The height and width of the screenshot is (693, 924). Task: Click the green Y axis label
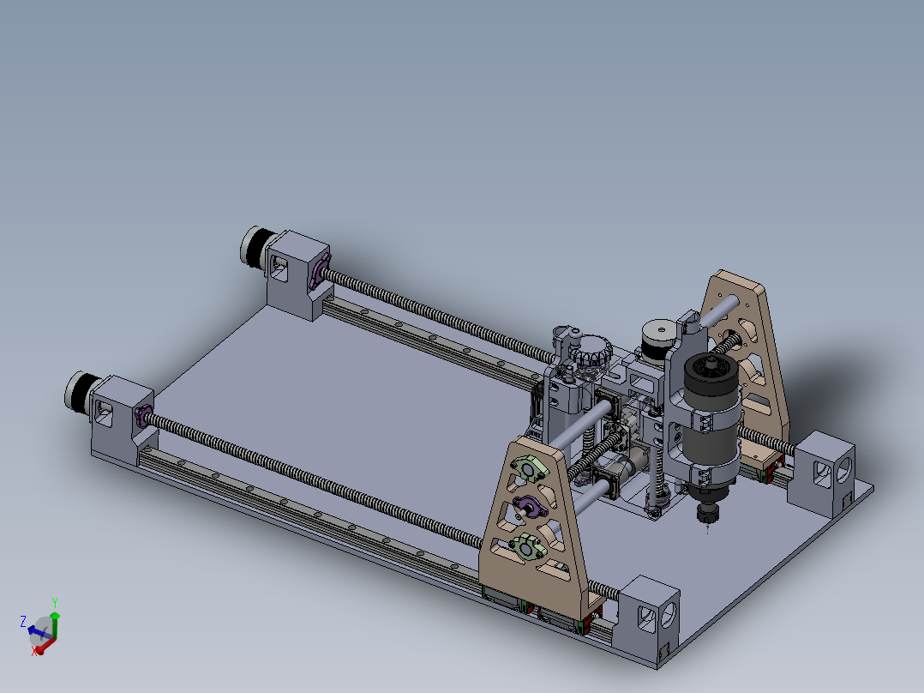click(x=55, y=602)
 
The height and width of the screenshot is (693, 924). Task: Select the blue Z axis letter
click(x=24, y=620)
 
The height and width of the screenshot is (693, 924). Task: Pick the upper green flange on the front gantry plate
click(x=528, y=468)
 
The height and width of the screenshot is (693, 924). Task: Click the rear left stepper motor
click(x=255, y=245)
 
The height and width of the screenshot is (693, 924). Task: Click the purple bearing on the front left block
click(x=141, y=417)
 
